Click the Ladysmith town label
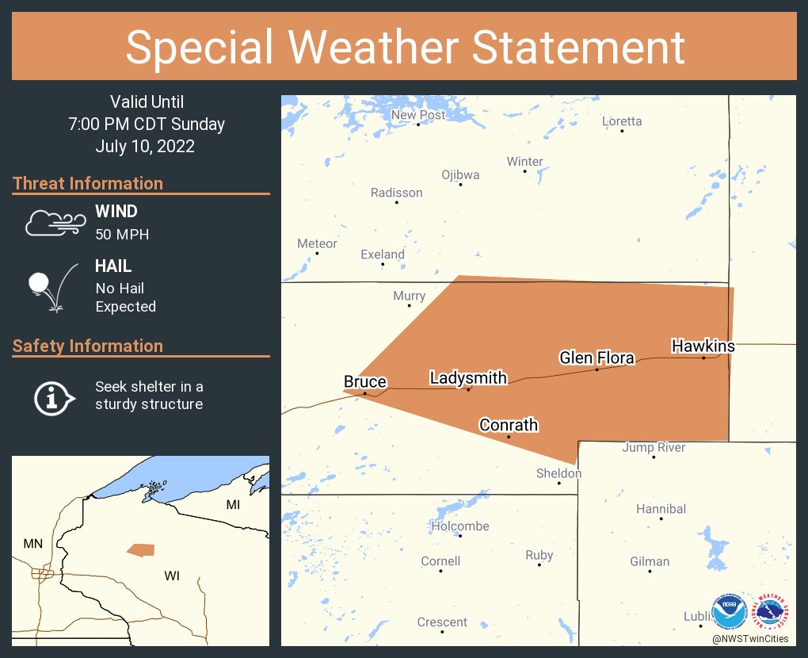468,377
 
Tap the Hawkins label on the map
703,346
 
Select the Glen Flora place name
596,358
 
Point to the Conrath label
509,425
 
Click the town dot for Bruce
364,393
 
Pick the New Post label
418,115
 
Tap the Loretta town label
622,121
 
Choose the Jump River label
654,447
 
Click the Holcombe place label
460,526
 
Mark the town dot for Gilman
650,572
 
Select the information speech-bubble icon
54,397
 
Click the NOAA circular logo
730,612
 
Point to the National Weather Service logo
773,612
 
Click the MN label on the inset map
32,543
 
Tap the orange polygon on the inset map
141,549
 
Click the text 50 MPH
122,234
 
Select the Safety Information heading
88,346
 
